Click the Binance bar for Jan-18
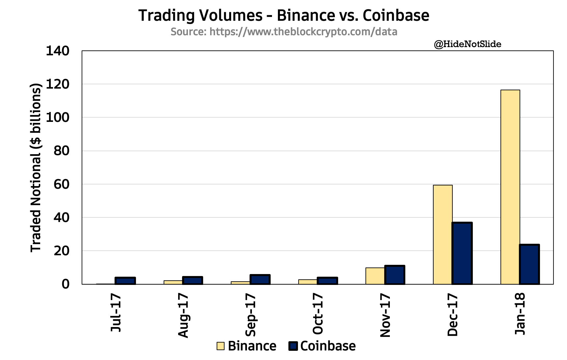pyautogui.click(x=510, y=187)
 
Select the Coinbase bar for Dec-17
pyautogui.click(x=462, y=253)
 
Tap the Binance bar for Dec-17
pyautogui.click(x=443, y=235)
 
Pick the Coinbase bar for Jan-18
pyautogui.click(x=529, y=264)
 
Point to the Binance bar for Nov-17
pyautogui.click(x=375, y=276)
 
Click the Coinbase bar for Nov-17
pyautogui.click(x=394, y=275)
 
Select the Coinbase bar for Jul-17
pyautogui.click(x=125, y=281)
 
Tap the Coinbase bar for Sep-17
pyautogui.click(x=260, y=280)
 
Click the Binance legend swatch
pyautogui.click(x=221, y=346)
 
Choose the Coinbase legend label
pyautogui.click(x=328, y=346)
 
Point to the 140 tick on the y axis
pyautogui.click(x=57, y=51)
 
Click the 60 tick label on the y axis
pyautogui.click(x=61, y=184)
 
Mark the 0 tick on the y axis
pyautogui.click(x=65, y=284)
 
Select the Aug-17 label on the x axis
pyautogui.click(x=183, y=316)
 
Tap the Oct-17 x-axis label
pyautogui.click(x=318, y=314)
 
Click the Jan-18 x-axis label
pyautogui.click(x=520, y=314)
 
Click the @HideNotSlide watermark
pyautogui.click(x=468, y=44)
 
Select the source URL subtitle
pyautogui.click(x=284, y=32)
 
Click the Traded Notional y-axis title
pyautogui.click(x=36, y=168)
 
